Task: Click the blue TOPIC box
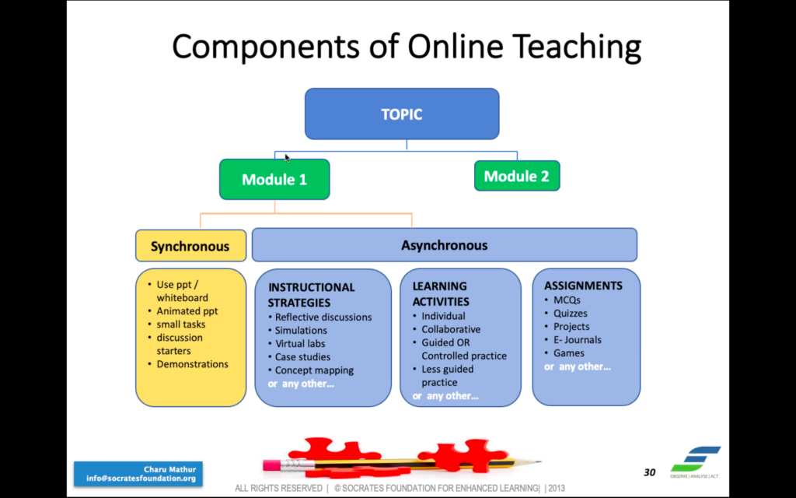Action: click(402, 114)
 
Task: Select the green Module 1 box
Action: click(274, 180)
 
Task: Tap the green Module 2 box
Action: click(517, 176)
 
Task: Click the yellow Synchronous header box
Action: click(190, 246)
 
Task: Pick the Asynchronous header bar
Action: click(444, 245)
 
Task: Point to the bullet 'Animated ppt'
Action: click(187, 311)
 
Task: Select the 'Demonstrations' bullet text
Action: click(193, 364)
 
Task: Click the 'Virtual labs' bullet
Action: click(300, 343)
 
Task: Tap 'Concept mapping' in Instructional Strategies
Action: click(314, 370)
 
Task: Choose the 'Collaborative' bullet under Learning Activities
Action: click(451, 329)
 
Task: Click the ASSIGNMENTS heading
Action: click(583, 286)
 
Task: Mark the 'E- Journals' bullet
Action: click(578, 339)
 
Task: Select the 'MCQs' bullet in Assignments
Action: click(567, 300)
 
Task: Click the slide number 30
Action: click(649, 472)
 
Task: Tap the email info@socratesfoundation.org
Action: click(141, 479)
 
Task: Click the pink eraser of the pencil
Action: click(271, 465)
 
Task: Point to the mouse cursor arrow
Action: click(287, 158)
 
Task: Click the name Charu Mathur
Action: click(169, 469)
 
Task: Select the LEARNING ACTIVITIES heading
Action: click(440, 293)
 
